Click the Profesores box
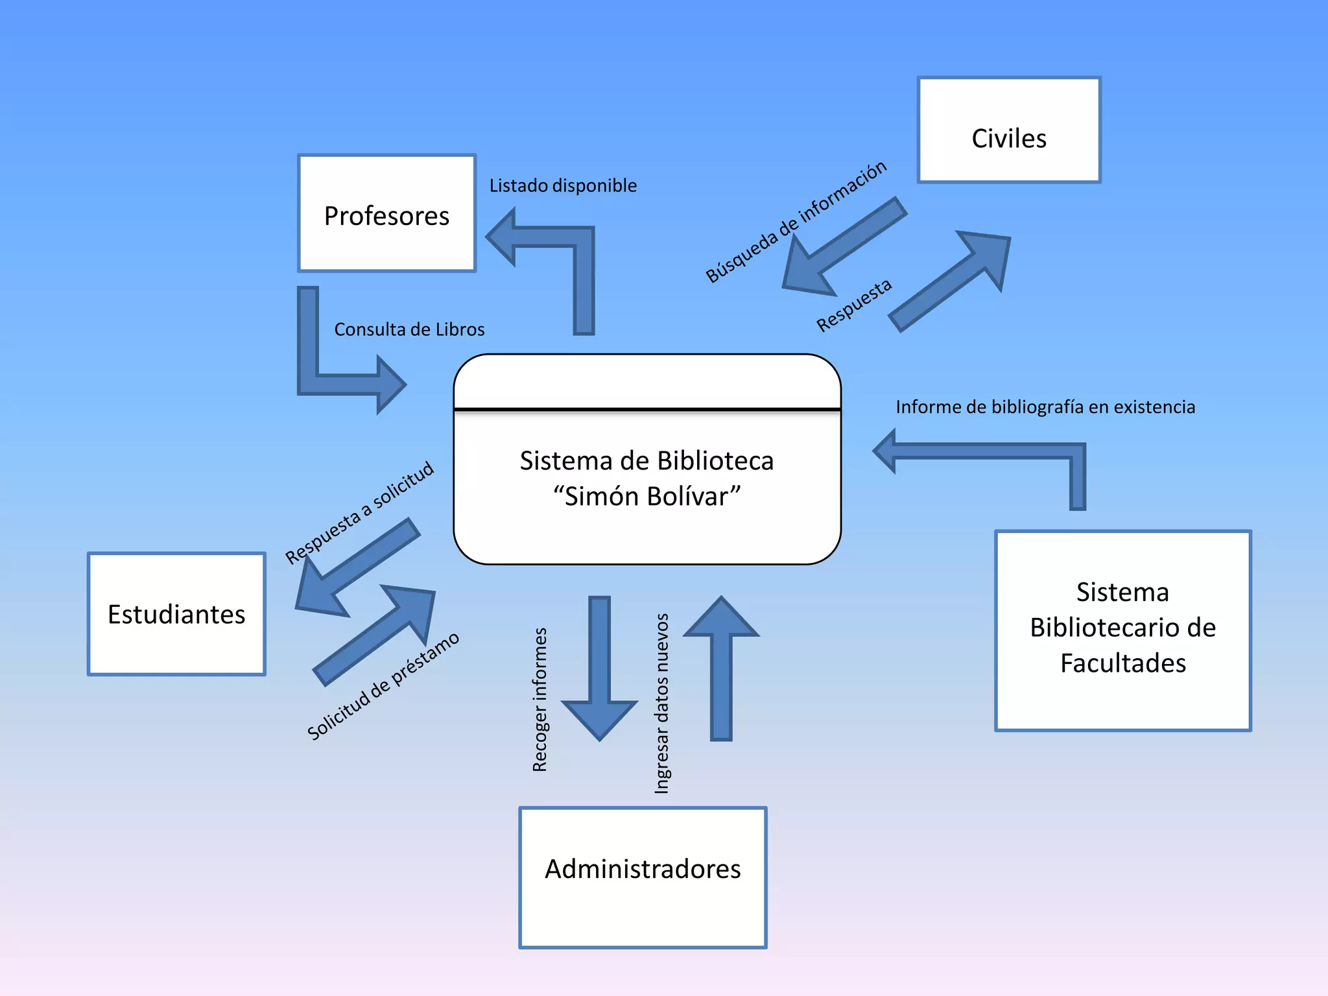pyautogui.click(x=386, y=214)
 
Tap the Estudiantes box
pyautogui.click(x=176, y=614)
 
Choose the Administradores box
pyautogui.click(x=643, y=877)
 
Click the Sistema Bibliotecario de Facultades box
pyautogui.click(x=1122, y=630)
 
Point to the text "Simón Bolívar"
pyautogui.click(x=646, y=497)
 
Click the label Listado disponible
pyautogui.click(x=563, y=186)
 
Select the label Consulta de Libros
pyautogui.click(x=409, y=329)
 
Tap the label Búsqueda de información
pyautogui.click(x=796, y=222)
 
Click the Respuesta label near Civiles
pyautogui.click(x=853, y=305)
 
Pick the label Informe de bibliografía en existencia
pyautogui.click(x=1045, y=407)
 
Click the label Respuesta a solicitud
pyautogui.click(x=359, y=512)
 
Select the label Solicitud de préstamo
pyautogui.click(x=383, y=686)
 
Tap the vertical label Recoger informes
pyautogui.click(x=539, y=700)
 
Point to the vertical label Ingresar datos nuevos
pyautogui.click(x=661, y=704)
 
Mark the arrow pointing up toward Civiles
pyautogui.click(x=953, y=279)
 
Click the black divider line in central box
pyautogui.click(x=647, y=409)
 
